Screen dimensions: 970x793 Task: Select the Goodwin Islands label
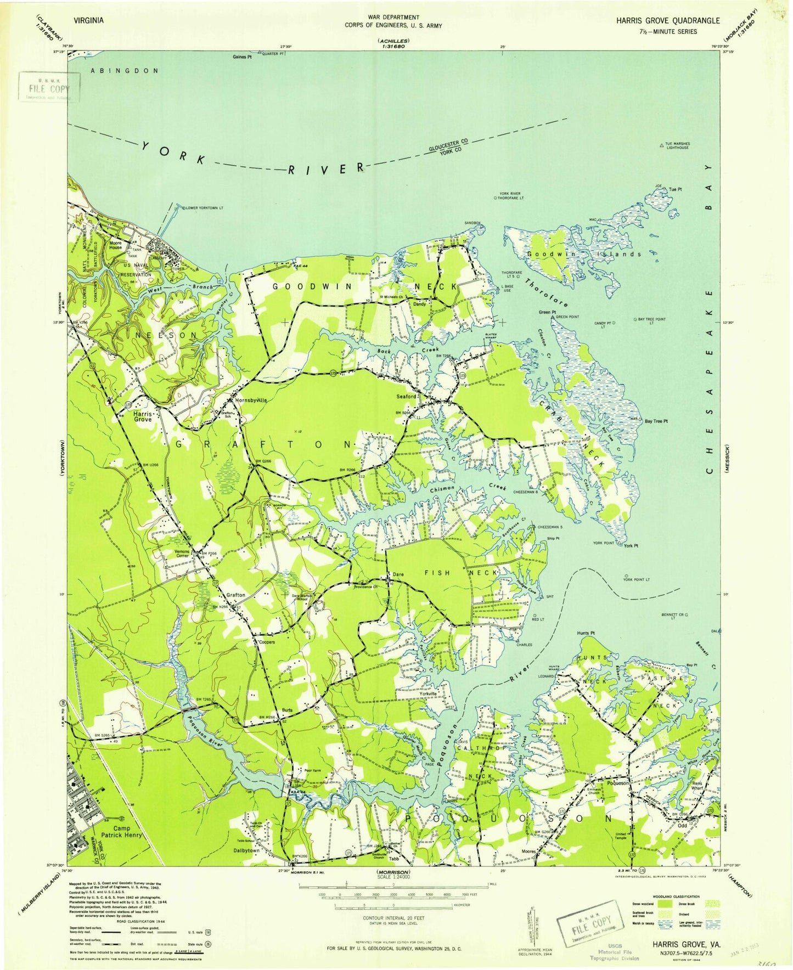click(x=583, y=254)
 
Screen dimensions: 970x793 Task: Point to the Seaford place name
click(x=407, y=396)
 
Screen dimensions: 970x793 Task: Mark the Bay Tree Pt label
click(x=656, y=421)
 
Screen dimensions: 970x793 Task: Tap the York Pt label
click(x=631, y=546)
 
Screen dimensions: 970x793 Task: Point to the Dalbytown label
click(x=246, y=850)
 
